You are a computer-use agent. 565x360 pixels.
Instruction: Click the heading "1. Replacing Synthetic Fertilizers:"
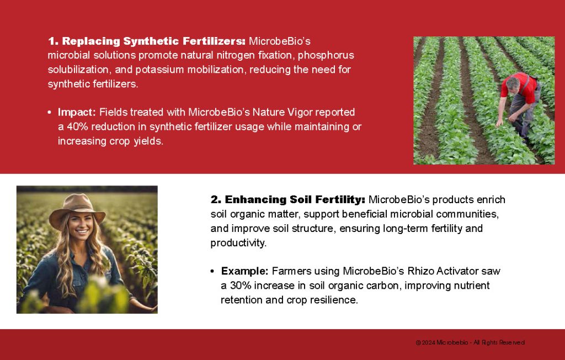coord(147,41)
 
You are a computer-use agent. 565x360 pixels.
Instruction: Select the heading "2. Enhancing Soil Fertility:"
coord(288,199)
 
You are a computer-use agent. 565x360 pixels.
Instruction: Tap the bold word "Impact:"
coord(77,112)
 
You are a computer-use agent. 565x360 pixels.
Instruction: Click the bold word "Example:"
coord(244,271)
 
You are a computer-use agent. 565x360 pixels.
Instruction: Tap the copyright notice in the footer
coord(470,342)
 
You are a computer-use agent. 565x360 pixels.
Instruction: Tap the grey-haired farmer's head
coord(513,84)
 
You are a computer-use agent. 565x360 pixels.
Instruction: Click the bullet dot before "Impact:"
coord(49,113)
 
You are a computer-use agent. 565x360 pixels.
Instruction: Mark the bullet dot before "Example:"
coord(212,271)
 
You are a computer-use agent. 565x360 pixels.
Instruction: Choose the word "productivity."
coord(238,243)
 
